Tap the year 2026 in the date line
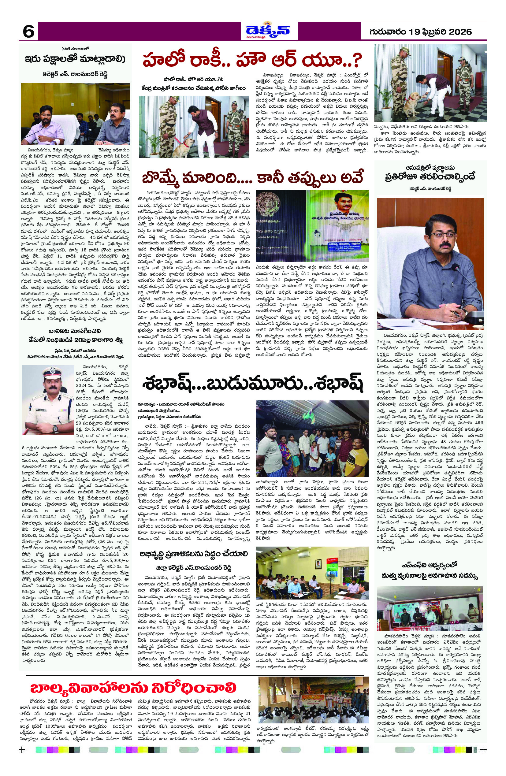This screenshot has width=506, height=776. coord(459,32)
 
